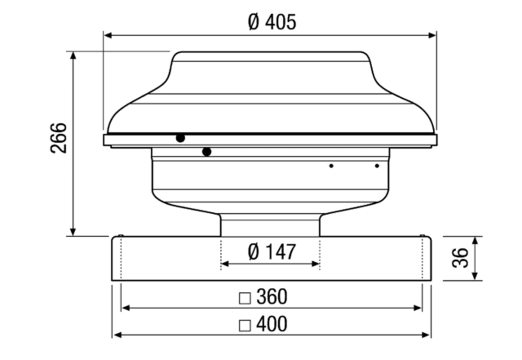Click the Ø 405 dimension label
(x=272, y=22)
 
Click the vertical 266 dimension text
(x=60, y=138)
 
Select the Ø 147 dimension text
(x=271, y=252)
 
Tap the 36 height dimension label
(x=460, y=258)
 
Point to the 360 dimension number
(x=272, y=297)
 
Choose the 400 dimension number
(x=272, y=324)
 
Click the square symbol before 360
(x=244, y=298)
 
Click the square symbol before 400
(x=244, y=325)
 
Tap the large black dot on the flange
(x=180, y=138)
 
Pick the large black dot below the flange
(x=207, y=152)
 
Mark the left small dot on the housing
(x=331, y=166)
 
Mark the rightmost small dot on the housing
(x=377, y=166)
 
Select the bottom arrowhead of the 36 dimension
(x=475, y=277)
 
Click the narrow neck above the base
(x=270, y=225)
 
